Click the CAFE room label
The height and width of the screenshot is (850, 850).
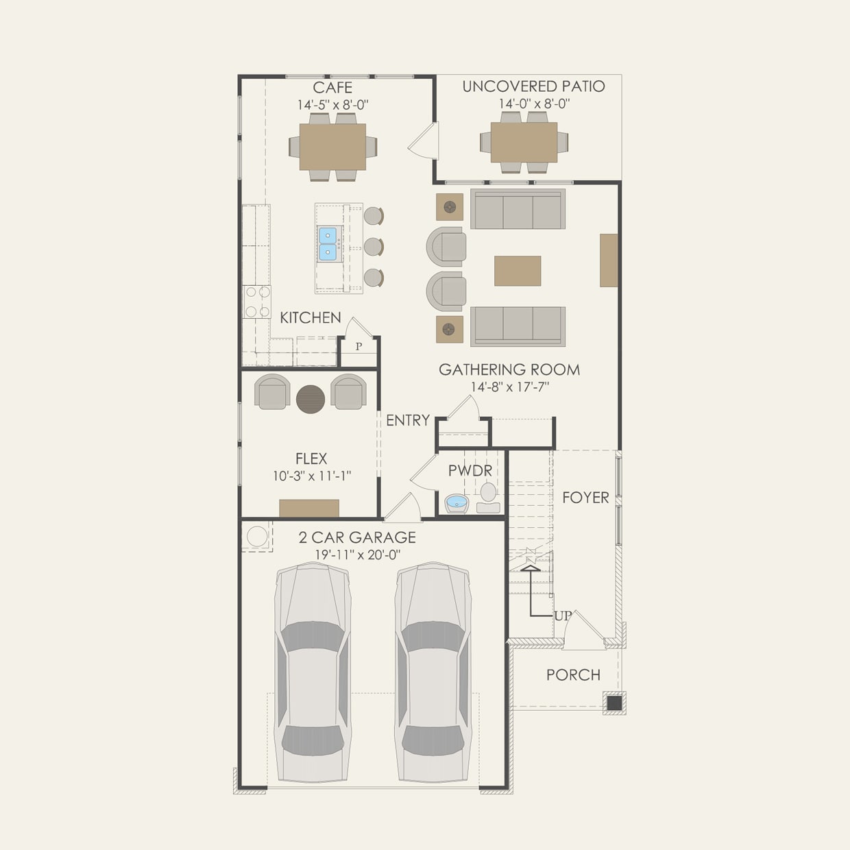[332, 88]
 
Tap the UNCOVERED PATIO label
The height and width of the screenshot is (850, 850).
[533, 86]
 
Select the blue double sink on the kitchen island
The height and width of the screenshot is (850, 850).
[328, 244]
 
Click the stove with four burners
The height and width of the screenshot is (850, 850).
[257, 302]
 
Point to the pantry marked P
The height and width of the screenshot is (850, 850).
[359, 347]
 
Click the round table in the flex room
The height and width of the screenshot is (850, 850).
[311, 399]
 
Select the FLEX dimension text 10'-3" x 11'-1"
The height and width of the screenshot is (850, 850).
[312, 476]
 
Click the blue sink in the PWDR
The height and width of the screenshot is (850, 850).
[457, 504]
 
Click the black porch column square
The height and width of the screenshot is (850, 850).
[614, 703]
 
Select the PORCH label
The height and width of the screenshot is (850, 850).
[573, 675]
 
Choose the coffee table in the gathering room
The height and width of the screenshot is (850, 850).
[518, 271]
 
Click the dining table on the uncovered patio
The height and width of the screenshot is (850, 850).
[524, 143]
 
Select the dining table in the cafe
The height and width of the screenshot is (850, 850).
[332, 147]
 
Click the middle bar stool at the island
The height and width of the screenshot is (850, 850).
[373, 247]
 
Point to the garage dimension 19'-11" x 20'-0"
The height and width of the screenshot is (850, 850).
[357, 555]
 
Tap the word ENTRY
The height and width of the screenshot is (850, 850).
[408, 420]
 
